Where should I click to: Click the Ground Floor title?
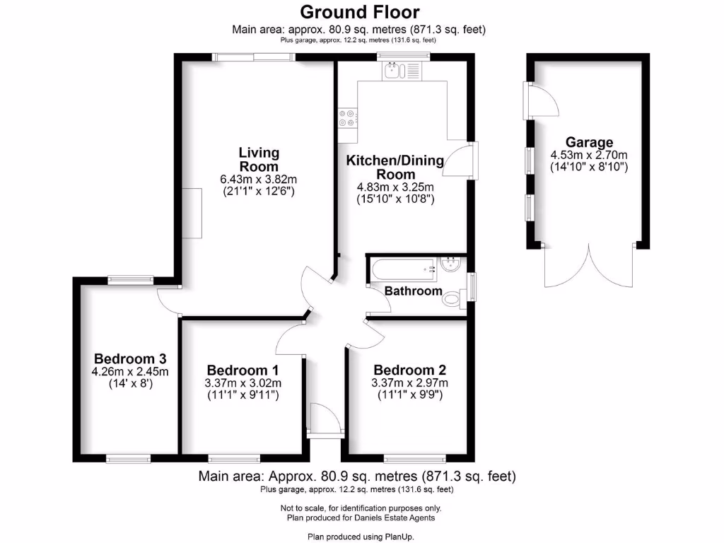tap(359, 12)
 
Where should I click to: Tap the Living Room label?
tap(259, 159)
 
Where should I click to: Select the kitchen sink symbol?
tap(401, 70)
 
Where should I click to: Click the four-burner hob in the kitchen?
tap(347, 117)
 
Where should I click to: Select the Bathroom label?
tap(413, 291)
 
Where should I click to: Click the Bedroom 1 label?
tap(243, 370)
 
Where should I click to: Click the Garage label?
tap(589, 142)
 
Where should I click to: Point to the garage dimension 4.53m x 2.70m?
tap(589, 155)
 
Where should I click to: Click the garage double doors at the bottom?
tap(588, 267)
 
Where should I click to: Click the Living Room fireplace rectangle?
tap(192, 214)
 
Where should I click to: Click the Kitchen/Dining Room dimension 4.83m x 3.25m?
tap(395, 187)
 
